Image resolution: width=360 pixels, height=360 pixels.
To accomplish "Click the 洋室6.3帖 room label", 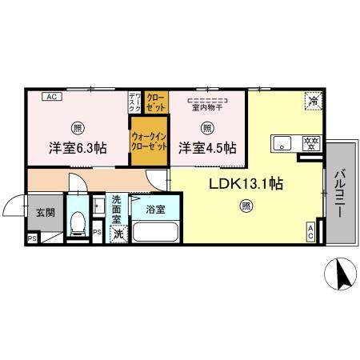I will (x=77, y=148).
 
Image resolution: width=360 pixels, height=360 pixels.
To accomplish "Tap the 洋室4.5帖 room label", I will (x=206, y=148).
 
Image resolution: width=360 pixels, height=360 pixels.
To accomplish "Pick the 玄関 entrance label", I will (x=45, y=212).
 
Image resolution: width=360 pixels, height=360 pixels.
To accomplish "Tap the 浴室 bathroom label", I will (x=155, y=210).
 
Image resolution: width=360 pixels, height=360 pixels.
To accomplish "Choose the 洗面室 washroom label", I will (x=118, y=210).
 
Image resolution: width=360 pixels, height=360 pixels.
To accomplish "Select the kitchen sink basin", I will (x=282, y=144).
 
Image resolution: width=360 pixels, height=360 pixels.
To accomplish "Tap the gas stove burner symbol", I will (x=310, y=144).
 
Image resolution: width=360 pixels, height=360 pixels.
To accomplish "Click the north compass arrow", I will (x=341, y=277).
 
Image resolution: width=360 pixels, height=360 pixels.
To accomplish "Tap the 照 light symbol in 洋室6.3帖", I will (x=77, y=127).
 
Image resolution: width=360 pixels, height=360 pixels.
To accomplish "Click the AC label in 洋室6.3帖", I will (x=50, y=98).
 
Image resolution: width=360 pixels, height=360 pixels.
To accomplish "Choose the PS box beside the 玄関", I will (x=33, y=238).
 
